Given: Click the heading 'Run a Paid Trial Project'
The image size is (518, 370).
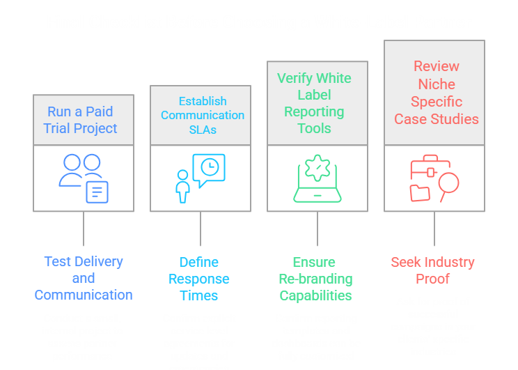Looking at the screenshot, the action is click(80, 120).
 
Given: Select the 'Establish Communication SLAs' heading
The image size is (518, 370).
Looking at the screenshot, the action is click(203, 115).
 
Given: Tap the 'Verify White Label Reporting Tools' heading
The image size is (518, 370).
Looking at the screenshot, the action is click(314, 103).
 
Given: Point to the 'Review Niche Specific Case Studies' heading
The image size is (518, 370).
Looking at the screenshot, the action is click(437, 93).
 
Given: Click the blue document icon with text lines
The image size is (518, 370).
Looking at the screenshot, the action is click(97, 192).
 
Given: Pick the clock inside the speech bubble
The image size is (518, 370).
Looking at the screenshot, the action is click(210, 167).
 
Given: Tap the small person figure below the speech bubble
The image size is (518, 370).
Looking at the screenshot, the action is click(182, 187).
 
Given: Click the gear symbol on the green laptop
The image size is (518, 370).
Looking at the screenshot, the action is click(317, 168).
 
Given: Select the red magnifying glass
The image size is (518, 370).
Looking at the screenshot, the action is click(448, 185).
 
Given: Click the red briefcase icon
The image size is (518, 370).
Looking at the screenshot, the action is click(430, 168).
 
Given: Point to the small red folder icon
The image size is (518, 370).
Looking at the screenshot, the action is click(420, 193).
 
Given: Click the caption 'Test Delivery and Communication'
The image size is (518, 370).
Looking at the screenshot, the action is click(84, 278).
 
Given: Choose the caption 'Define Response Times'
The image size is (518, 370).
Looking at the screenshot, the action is click(199, 279).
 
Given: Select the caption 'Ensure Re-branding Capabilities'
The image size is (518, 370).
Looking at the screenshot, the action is click(316, 279).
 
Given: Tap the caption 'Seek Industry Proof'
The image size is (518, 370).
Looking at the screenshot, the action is click(433, 270).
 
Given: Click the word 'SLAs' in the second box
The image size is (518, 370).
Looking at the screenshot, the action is click(203, 130).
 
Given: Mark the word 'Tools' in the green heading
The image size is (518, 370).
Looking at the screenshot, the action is click(314, 128).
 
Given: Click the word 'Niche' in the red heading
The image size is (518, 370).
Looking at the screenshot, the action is click(437, 84).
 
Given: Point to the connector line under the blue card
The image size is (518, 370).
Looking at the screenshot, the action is click(84, 229).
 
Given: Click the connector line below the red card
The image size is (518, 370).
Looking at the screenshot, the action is click(434, 229).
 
